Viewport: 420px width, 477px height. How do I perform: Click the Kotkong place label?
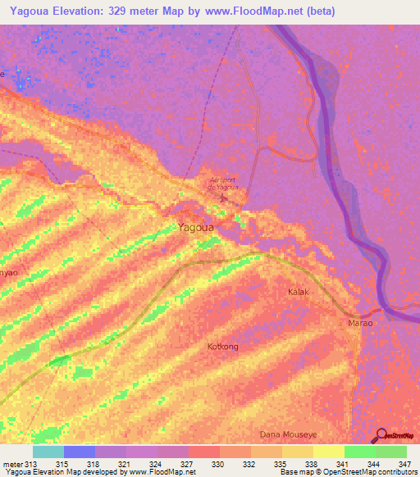[222, 347]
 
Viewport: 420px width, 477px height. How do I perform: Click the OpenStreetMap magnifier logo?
[381, 435]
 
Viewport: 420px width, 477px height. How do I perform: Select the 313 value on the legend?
[31, 464]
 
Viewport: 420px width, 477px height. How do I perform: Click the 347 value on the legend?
[404, 464]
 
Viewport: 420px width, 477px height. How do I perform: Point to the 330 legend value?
[217, 464]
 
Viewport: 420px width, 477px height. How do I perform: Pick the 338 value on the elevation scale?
[311, 464]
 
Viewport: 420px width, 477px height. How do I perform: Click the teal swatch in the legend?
[48, 452]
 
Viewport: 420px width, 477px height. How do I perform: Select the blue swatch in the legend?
[79, 452]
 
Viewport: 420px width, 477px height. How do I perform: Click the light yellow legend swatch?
[328, 452]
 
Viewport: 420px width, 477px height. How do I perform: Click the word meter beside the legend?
[11, 464]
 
